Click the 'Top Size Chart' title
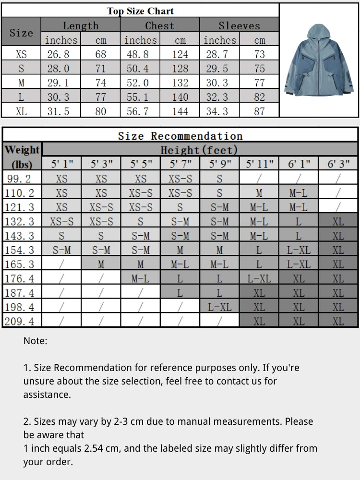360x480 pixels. point(140,11)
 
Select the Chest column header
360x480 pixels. point(160,25)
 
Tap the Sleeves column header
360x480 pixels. point(239,25)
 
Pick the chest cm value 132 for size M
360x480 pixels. point(180,83)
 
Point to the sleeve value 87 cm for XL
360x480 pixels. point(260,112)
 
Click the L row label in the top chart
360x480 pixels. point(21,97)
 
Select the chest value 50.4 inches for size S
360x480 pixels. point(138,69)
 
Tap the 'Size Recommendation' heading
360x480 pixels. point(180,136)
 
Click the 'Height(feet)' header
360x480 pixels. point(199,150)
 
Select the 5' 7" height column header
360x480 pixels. point(180,164)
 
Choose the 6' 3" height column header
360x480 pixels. point(338,164)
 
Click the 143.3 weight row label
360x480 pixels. point(20,236)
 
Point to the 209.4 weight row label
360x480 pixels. point(20,321)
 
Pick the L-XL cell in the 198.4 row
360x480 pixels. point(219,307)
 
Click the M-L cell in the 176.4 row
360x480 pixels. point(140,278)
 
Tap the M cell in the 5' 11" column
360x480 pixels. point(259,193)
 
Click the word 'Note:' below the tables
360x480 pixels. point(36,341)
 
